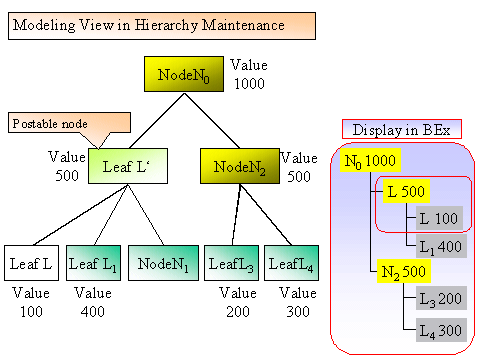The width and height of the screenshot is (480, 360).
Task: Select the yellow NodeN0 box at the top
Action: coord(186,74)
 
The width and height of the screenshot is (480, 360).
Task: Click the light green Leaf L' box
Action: coord(127,165)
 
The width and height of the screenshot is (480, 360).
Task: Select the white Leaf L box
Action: coord(32,263)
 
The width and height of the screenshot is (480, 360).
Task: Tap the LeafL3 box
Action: coord(232,263)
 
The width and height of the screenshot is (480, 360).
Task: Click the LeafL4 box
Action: coord(292,263)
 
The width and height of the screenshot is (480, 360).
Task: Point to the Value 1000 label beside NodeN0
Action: coord(249,74)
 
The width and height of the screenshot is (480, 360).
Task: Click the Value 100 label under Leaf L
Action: coord(32,302)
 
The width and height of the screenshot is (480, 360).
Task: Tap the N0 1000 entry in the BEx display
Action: coord(370,161)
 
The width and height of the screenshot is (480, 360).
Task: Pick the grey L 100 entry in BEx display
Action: coord(438,217)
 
